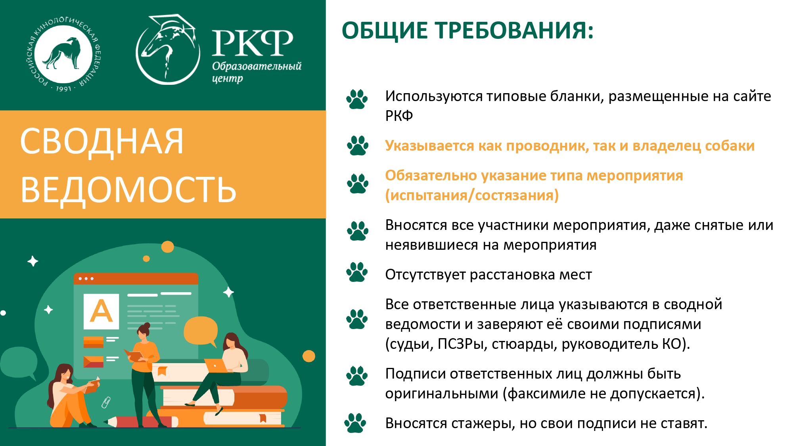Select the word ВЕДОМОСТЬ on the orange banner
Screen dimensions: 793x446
(128, 190)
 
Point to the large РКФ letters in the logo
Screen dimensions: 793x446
(253, 43)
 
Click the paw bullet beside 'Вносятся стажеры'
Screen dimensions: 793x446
(355, 423)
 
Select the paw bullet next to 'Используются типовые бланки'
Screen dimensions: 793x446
(357, 99)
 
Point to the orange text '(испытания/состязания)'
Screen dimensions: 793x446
(472, 195)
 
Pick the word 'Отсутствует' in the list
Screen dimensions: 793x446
(425, 275)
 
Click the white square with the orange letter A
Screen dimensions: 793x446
(102, 311)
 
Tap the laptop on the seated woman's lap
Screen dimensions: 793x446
(216, 366)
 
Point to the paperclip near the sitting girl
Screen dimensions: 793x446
(106, 402)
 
